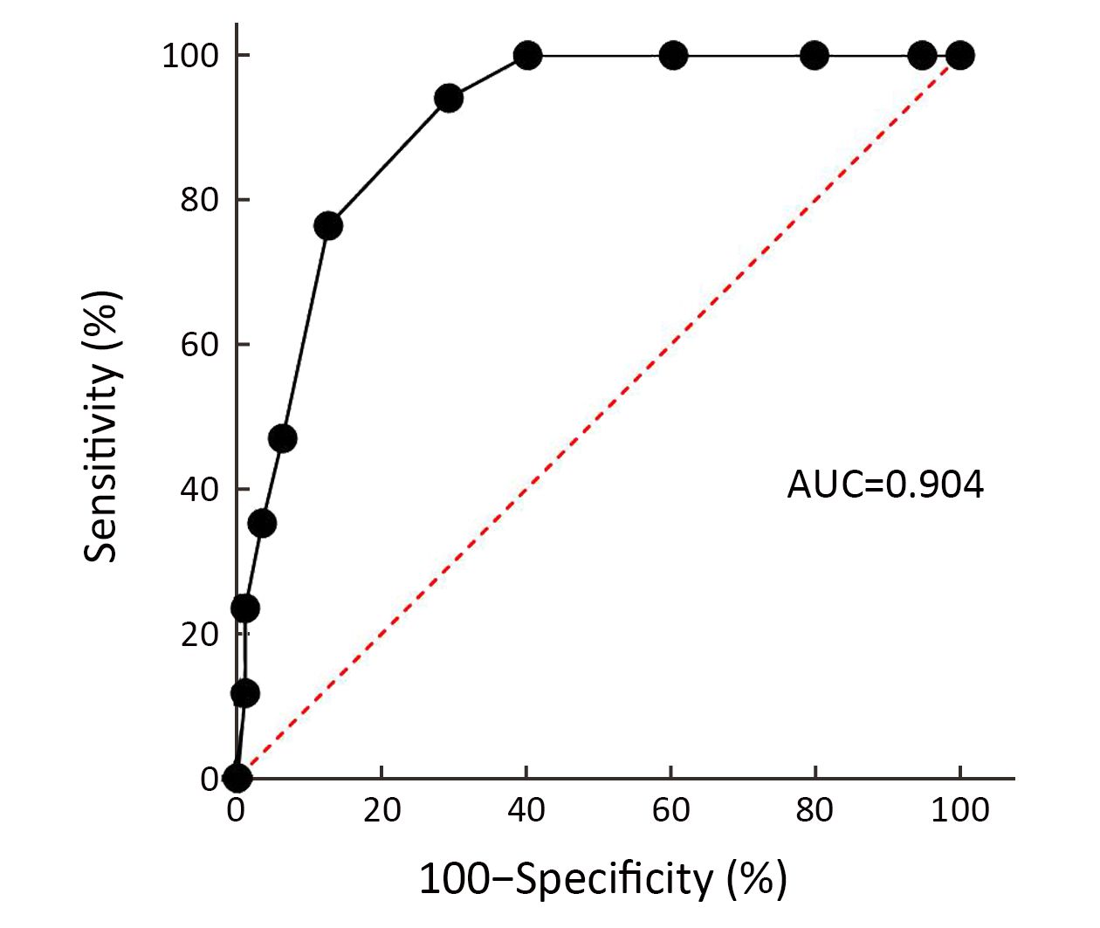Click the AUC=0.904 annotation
885,484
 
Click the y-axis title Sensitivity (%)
101,426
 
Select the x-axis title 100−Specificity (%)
603,879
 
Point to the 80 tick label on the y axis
200,200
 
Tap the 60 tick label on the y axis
200,345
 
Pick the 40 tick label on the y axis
200,489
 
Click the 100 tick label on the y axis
190,56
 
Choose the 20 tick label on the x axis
382,810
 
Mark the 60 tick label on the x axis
670,810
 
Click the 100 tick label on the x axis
959,810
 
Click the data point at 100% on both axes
959,56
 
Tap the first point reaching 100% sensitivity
527,56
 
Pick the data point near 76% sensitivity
327,226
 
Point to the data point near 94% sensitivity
448,99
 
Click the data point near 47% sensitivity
282,438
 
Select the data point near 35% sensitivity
262,524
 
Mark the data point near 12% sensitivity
245,694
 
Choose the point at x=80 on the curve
815,56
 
